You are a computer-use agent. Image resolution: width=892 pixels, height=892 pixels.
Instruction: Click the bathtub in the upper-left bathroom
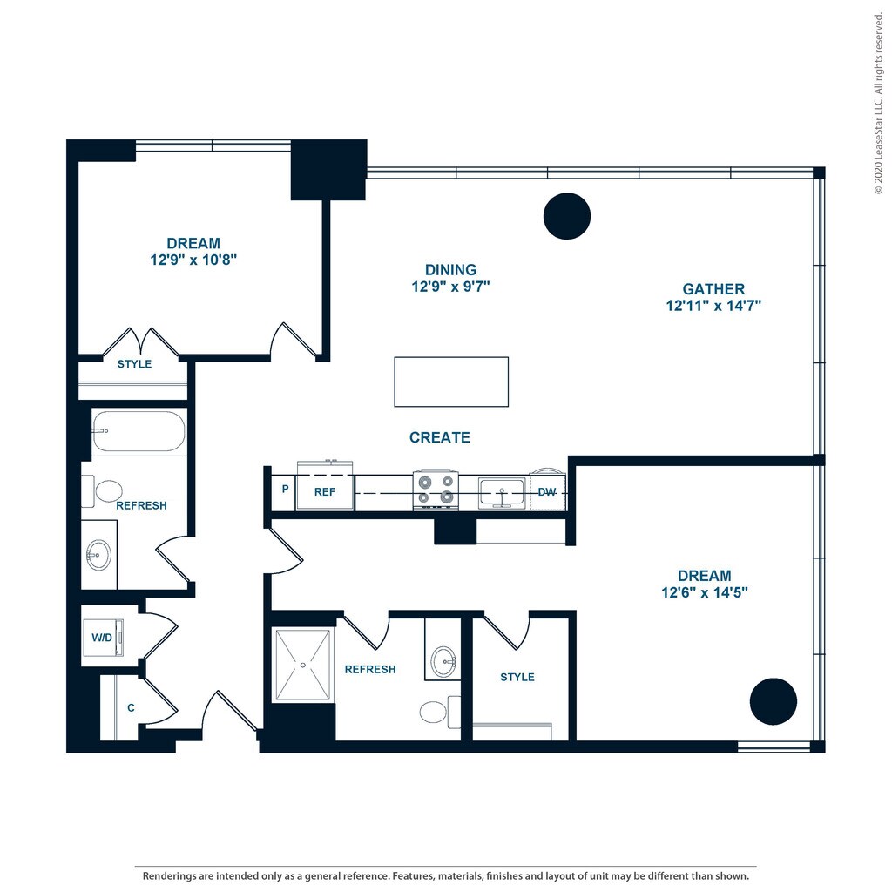139,430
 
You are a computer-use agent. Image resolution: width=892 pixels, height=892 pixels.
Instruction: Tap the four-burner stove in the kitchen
436,490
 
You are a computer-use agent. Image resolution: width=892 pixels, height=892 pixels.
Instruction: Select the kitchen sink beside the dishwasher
501,493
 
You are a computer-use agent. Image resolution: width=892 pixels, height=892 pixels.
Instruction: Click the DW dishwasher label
547,492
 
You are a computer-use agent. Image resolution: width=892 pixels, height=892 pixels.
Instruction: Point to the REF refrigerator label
325,492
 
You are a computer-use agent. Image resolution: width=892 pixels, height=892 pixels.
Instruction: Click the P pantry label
285,490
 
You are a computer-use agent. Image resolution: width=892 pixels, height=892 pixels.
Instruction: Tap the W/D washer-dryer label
102,638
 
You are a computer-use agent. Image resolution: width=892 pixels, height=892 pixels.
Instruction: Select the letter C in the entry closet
131,707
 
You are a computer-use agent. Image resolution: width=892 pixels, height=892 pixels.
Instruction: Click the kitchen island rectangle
451,382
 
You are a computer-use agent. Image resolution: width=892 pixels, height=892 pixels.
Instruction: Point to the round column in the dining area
566,216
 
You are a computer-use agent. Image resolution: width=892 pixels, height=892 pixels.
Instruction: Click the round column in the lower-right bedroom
774,701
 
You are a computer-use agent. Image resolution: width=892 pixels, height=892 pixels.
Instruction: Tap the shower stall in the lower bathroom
302,665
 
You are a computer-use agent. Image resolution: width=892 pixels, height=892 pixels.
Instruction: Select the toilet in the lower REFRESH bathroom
440,712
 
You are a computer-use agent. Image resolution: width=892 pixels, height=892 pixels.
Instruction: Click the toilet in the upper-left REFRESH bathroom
103,491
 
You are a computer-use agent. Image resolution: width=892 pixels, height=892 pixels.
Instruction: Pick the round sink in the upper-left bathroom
98,555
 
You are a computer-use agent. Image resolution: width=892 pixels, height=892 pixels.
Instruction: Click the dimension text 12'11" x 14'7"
713,306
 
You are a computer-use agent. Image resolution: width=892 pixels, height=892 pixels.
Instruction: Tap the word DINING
450,270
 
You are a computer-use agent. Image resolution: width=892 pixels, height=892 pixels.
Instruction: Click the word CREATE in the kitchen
440,437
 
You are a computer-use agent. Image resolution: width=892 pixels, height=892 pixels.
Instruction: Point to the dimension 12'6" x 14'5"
704,592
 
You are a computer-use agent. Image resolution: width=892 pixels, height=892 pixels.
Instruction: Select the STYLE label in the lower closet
517,677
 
